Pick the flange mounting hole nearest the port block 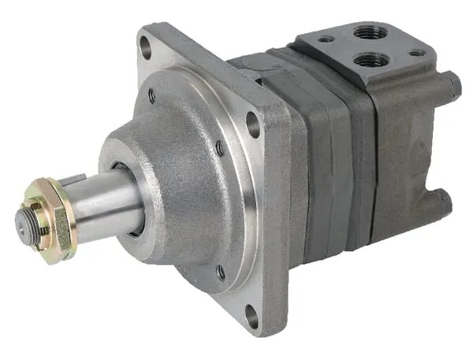253,124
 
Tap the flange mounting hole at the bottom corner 251,316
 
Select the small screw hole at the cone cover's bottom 221,273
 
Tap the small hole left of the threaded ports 325,38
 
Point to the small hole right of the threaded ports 416,53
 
